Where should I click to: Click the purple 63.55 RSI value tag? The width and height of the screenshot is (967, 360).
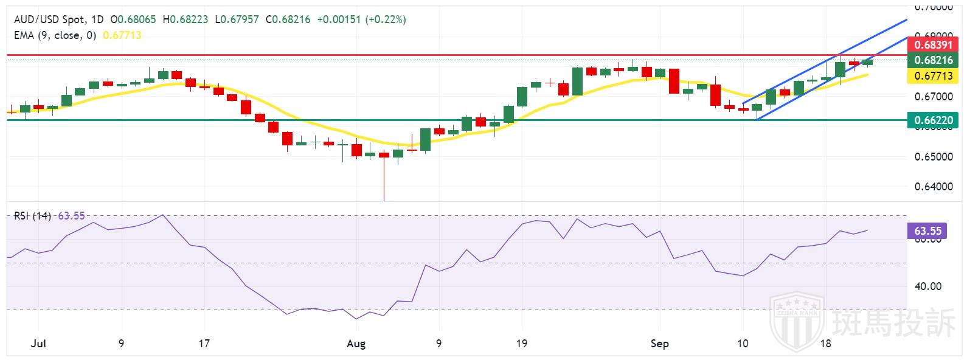click(927, 231)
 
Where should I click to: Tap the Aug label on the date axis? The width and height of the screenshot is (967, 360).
click(356, 344)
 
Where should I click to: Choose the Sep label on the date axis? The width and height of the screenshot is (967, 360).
click(659, 344)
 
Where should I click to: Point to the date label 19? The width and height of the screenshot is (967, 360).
click(521, 344)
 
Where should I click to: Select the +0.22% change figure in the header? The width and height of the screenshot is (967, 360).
click(386, 19)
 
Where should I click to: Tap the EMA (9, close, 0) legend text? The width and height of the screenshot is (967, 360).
click(55, 35)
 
